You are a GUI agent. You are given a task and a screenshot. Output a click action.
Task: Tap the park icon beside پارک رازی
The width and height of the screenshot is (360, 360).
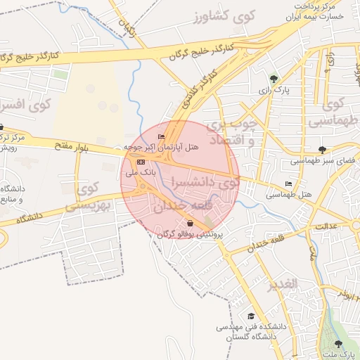274,79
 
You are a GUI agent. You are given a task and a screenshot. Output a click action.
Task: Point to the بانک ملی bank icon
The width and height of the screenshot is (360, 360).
141,162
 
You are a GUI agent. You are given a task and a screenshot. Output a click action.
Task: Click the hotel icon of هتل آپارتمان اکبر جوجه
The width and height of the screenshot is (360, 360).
162,137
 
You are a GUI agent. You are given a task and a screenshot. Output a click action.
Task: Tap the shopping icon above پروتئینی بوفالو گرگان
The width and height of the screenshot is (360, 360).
191,224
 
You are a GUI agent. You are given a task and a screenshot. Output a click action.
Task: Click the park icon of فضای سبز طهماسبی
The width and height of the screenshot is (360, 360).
322,150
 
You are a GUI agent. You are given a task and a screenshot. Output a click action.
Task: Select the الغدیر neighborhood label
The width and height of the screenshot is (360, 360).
283,284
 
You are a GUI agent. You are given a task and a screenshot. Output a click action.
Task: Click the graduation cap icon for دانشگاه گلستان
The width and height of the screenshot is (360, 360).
251,317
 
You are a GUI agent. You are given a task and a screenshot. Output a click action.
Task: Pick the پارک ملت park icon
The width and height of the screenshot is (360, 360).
339,344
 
